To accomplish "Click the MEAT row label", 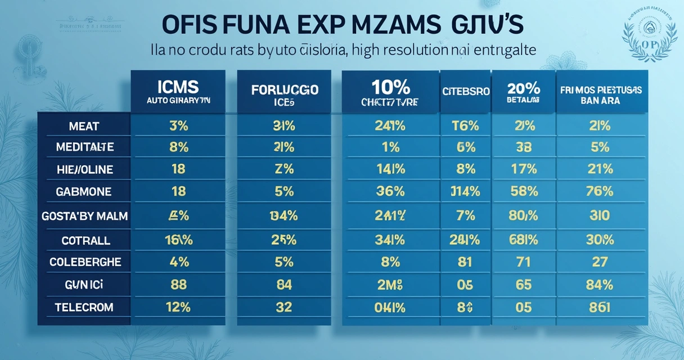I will [x=84, y=126].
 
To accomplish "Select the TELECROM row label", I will [x=84, y=307].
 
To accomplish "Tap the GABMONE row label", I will [x=84, y=192].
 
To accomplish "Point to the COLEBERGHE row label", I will [x=84, y=262].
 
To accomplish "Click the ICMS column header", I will [x=178, y=92].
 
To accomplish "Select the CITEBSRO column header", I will [x=465, y=91].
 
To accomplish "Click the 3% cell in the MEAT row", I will [x=178, y=126].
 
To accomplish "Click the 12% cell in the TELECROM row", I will [x=178, y=307].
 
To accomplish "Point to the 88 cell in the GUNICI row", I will [x=178, y=285].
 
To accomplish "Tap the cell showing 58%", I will [x=523, y=192].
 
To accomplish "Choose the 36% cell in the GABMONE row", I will [x=390, y=192].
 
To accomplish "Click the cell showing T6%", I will [x=465, y=126].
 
